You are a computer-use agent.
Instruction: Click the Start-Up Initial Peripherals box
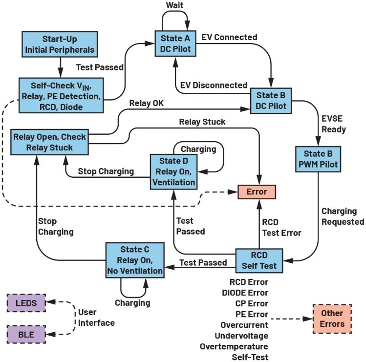[x=61, y=44]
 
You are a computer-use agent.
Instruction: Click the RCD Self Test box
[x=259, y=262]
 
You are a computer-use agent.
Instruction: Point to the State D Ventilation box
[x=173, y=170]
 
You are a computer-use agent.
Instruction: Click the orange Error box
[x=257, y=191]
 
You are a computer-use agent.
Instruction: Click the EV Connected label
[x=229, y=38]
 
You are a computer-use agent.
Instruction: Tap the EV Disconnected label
[x=214, y=85]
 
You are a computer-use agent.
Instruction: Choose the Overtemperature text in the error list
[x=234, y=346]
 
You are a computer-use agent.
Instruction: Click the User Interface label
[x=97, y=318]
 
